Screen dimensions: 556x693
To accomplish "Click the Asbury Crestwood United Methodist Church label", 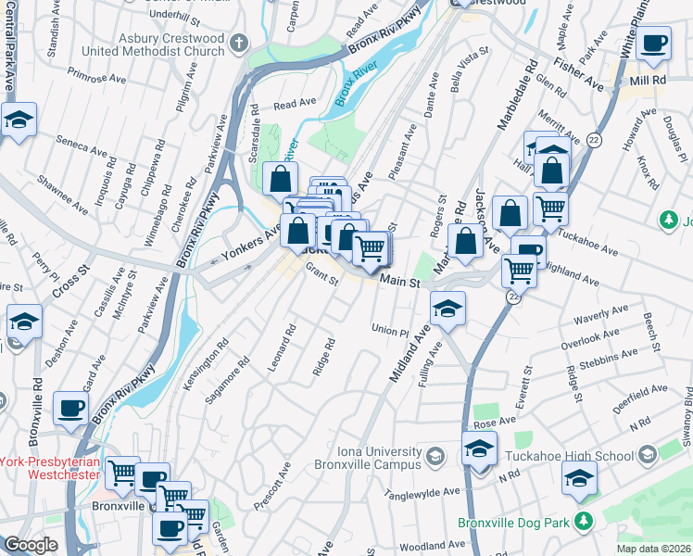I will tap(152, 44).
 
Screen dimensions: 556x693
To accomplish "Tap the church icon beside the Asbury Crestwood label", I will tap(239, 44).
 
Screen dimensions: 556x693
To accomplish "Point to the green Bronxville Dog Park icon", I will tap(583, 523).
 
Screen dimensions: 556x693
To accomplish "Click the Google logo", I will tap(30, 545).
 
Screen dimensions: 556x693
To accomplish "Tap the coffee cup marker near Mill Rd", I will tap(654, 43).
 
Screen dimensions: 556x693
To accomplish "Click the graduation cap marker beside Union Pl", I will tap(448, 309).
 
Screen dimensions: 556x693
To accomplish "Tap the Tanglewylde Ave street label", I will tap(423, 494).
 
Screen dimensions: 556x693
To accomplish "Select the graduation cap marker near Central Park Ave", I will tap(18, 120).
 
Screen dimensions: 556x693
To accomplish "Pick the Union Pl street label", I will tap(390, 331).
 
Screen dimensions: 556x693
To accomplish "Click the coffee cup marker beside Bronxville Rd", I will tap(70, 408).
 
